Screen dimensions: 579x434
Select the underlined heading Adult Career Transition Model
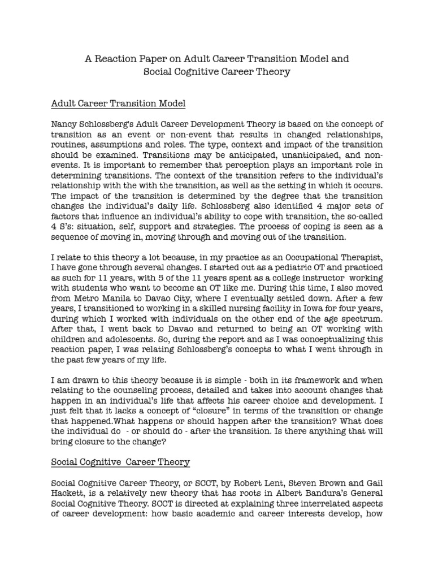point(118,104)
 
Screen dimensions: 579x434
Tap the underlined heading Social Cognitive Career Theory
point(120,462)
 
